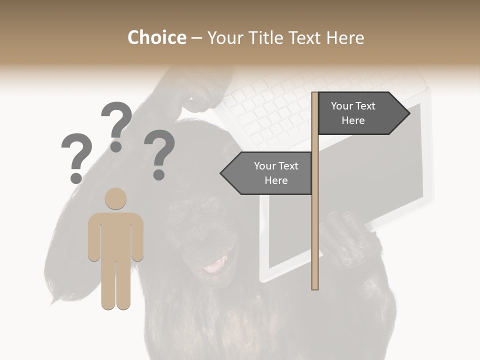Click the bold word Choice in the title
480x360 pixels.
(x=156, y=37)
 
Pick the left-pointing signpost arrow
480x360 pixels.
(x=267, y=173)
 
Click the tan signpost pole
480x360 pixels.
(x=315, y=225)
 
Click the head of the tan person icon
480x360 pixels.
(x=115, y=198)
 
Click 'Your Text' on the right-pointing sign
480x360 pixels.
(x=353, y=106)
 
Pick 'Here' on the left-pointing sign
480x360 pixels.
(x=276, y=180)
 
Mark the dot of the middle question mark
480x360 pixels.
(x=116, y=146)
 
